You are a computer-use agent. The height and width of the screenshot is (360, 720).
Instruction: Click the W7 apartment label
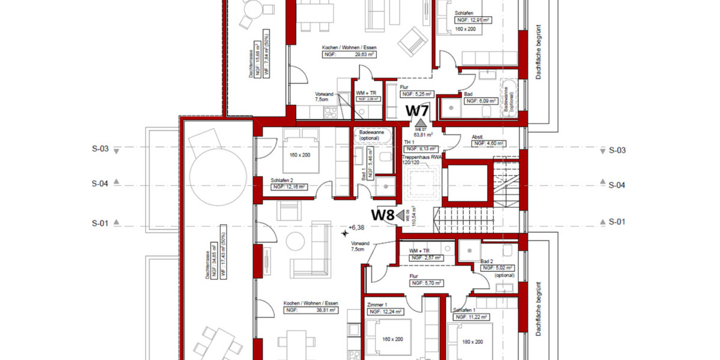tap(418, 111)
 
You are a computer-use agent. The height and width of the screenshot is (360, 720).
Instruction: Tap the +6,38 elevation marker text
tap(357, 228)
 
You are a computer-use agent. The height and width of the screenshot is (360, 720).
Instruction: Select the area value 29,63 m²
tap(364, 54)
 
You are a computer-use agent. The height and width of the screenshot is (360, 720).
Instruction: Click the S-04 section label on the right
tap(617, 185)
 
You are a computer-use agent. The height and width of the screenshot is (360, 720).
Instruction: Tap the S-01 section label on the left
tap(100, 223)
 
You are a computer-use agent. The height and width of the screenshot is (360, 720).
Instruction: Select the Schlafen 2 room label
tap(282, 180)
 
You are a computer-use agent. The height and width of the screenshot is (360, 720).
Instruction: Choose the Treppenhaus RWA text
tap(422, 157)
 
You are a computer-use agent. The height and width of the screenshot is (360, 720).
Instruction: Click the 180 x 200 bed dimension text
tap(473, 341)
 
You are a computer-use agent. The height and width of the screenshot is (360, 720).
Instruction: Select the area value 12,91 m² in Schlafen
tap(479, 20)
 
